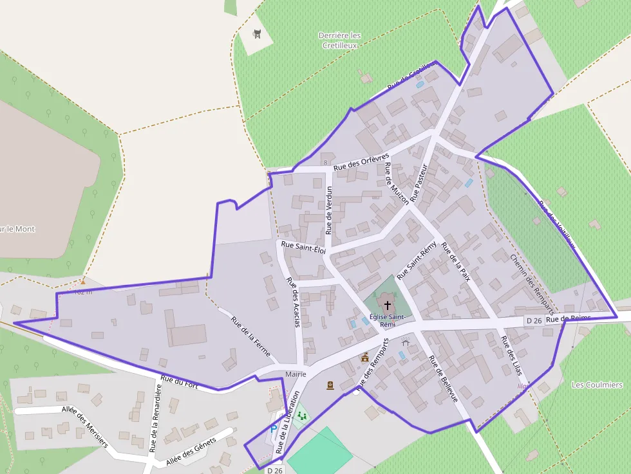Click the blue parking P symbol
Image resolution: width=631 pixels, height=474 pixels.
point(273,428)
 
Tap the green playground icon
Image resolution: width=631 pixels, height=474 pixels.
point(301,417)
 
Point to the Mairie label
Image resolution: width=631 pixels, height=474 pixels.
point(296,374)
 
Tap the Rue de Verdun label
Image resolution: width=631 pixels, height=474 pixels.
point(329,210)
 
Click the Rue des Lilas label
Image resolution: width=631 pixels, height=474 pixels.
point(512,356)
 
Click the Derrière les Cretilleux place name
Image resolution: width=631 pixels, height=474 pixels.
point(339,40)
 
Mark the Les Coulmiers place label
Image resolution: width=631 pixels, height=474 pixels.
point(597,385)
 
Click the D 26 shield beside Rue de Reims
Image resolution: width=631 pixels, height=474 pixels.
point(534,320)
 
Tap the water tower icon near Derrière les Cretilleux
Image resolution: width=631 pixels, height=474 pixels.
point(257,34)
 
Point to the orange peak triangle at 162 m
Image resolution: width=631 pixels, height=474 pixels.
point(83,281)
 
